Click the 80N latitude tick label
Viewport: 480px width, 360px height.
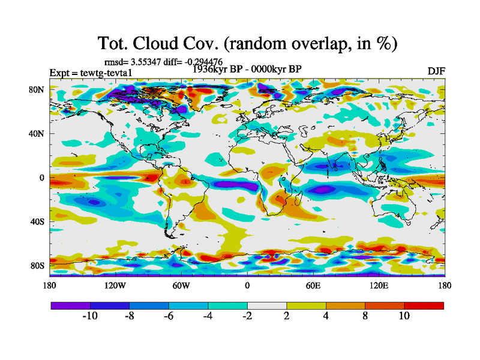coord(37,89)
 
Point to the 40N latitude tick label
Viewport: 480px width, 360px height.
coord(37,134)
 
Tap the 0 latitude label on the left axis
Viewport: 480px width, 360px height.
coord(42,178)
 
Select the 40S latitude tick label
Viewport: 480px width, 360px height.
coord(37,221)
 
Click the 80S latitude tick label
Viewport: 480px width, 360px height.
coord(37,265)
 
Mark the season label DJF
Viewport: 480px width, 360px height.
coord(436,71)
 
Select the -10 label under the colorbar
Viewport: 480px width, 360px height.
coord(89,316)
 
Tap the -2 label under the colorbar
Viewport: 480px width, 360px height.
coord(247,316)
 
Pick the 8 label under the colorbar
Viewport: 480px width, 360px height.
coord(365,316)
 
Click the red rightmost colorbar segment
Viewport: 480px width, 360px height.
coord(424,305)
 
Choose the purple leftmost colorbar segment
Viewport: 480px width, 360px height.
coord(70,305)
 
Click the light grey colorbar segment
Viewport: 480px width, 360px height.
coord(267,305)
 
